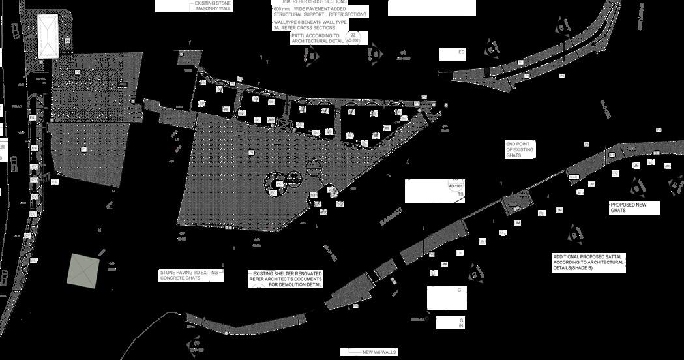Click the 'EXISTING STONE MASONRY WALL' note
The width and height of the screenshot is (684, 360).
pyautogui.click(x=213, y=7)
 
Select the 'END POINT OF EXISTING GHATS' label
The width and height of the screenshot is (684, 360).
pyautogui.click(x=520, y=150)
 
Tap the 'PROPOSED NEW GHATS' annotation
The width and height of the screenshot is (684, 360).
pyautogui.click(x=634, y=208)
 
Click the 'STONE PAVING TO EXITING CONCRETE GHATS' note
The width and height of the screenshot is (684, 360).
pyautogui.click(x=188, y=275)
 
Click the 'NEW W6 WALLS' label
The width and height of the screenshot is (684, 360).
pyautogui.click(x=379, y=352)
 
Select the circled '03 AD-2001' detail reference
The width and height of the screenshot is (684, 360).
pyautogui.click(x=353, y=38)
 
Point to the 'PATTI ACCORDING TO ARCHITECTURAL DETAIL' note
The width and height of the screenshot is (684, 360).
pyautogui.click(x=318, y=38)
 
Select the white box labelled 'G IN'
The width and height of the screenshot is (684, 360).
pyautogui.click(x=450, y=322)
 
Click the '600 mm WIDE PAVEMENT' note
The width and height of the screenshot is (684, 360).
pyautogui.click(x=320, y=12)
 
